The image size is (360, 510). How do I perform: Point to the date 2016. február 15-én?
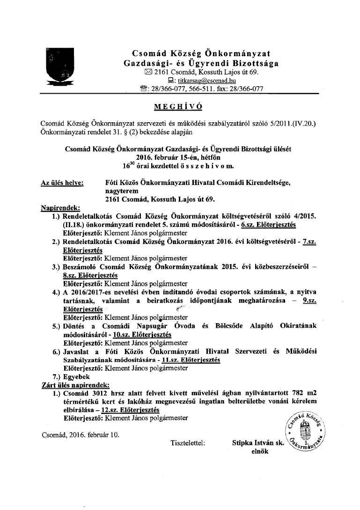coord(180,157)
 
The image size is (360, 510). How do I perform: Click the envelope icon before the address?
coord(148,72)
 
